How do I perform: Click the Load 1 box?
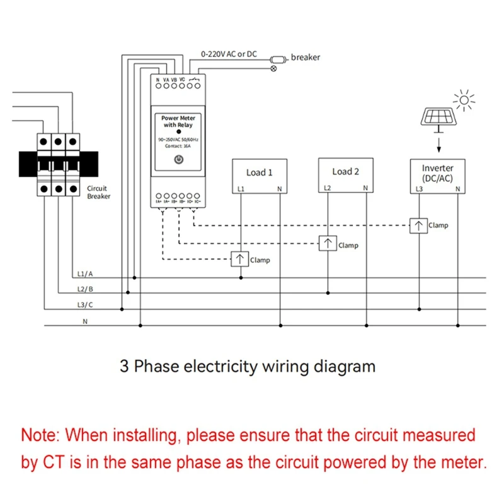click(x=260, y=175)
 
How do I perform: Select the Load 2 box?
click(x=345, y=175)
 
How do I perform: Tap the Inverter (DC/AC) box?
click(x=437, y=175)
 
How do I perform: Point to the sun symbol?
click(x=465, y=100)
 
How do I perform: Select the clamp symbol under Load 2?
click(x=327, y=244)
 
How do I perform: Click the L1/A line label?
click(x=84, y=274)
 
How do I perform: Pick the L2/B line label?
click(x=84, y=289)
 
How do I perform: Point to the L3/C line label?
click(x=84, y=305)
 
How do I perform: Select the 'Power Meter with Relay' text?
click(x=178, y=122)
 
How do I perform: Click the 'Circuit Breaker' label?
click(x=98, y=192)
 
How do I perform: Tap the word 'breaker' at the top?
click(x=306, y=57)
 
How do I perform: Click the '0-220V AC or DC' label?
click(x=229, y=54)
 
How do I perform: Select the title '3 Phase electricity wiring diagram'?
click(x=248, y=366)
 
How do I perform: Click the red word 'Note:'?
click(x=41, y=435)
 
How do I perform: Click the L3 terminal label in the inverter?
click(x=419, y=189)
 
